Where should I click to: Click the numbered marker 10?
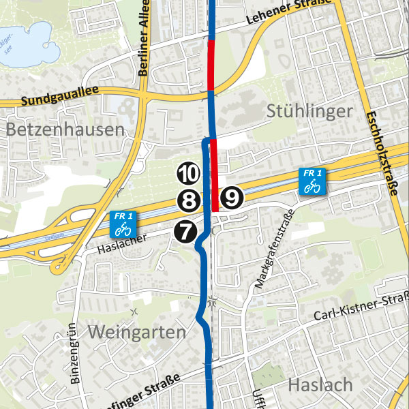click(x=188, y=174)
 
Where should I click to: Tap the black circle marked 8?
click(x=188, y=200)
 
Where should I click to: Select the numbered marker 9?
click(x=232, y=198)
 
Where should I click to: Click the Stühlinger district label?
click(x=310, y=111)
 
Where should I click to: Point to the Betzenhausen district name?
click(x=66, y=130)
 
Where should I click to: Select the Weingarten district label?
click(x=136, y=333)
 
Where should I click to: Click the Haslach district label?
click(x=320, y=384)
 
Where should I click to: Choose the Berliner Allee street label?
click(x=143, y=44)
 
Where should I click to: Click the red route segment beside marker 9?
click(x=214, y=174)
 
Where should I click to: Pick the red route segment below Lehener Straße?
click(x=211, y=65)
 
